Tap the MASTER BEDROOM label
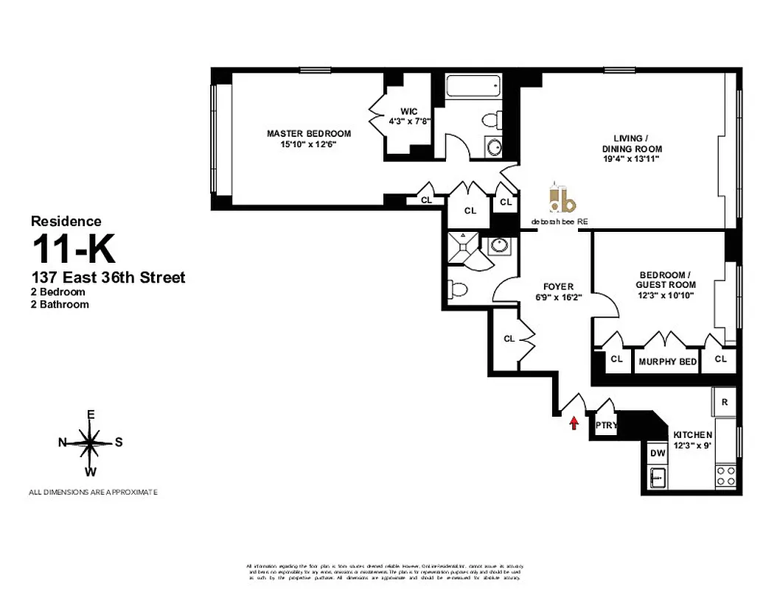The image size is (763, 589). coord(308,133)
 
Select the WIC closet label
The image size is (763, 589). coord(408,111)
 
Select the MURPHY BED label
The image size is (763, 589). coord(667,361)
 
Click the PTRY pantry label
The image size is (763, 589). coord(605,426)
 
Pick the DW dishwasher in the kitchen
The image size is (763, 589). coord(655,454)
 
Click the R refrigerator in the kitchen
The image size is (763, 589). coord(725,402)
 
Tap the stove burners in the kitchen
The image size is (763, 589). coord(725,475)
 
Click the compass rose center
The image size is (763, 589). coord(90,442)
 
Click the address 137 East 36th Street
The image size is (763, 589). coord(108,278)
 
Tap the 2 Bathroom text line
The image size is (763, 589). coord(60,304)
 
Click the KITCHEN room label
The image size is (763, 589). coord(692,435)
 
